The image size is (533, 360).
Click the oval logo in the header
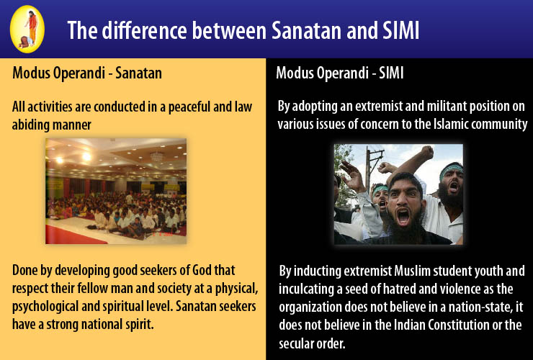27,30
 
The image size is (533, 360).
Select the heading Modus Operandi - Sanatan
87,73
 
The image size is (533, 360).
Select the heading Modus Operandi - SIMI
339,73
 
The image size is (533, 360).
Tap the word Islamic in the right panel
451,124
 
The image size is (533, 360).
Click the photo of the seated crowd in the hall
116,191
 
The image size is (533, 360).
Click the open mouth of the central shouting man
403,217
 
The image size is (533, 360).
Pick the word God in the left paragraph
202,271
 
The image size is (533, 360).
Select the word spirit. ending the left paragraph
140,324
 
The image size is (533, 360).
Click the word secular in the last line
295,343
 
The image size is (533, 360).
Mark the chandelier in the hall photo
157,156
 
